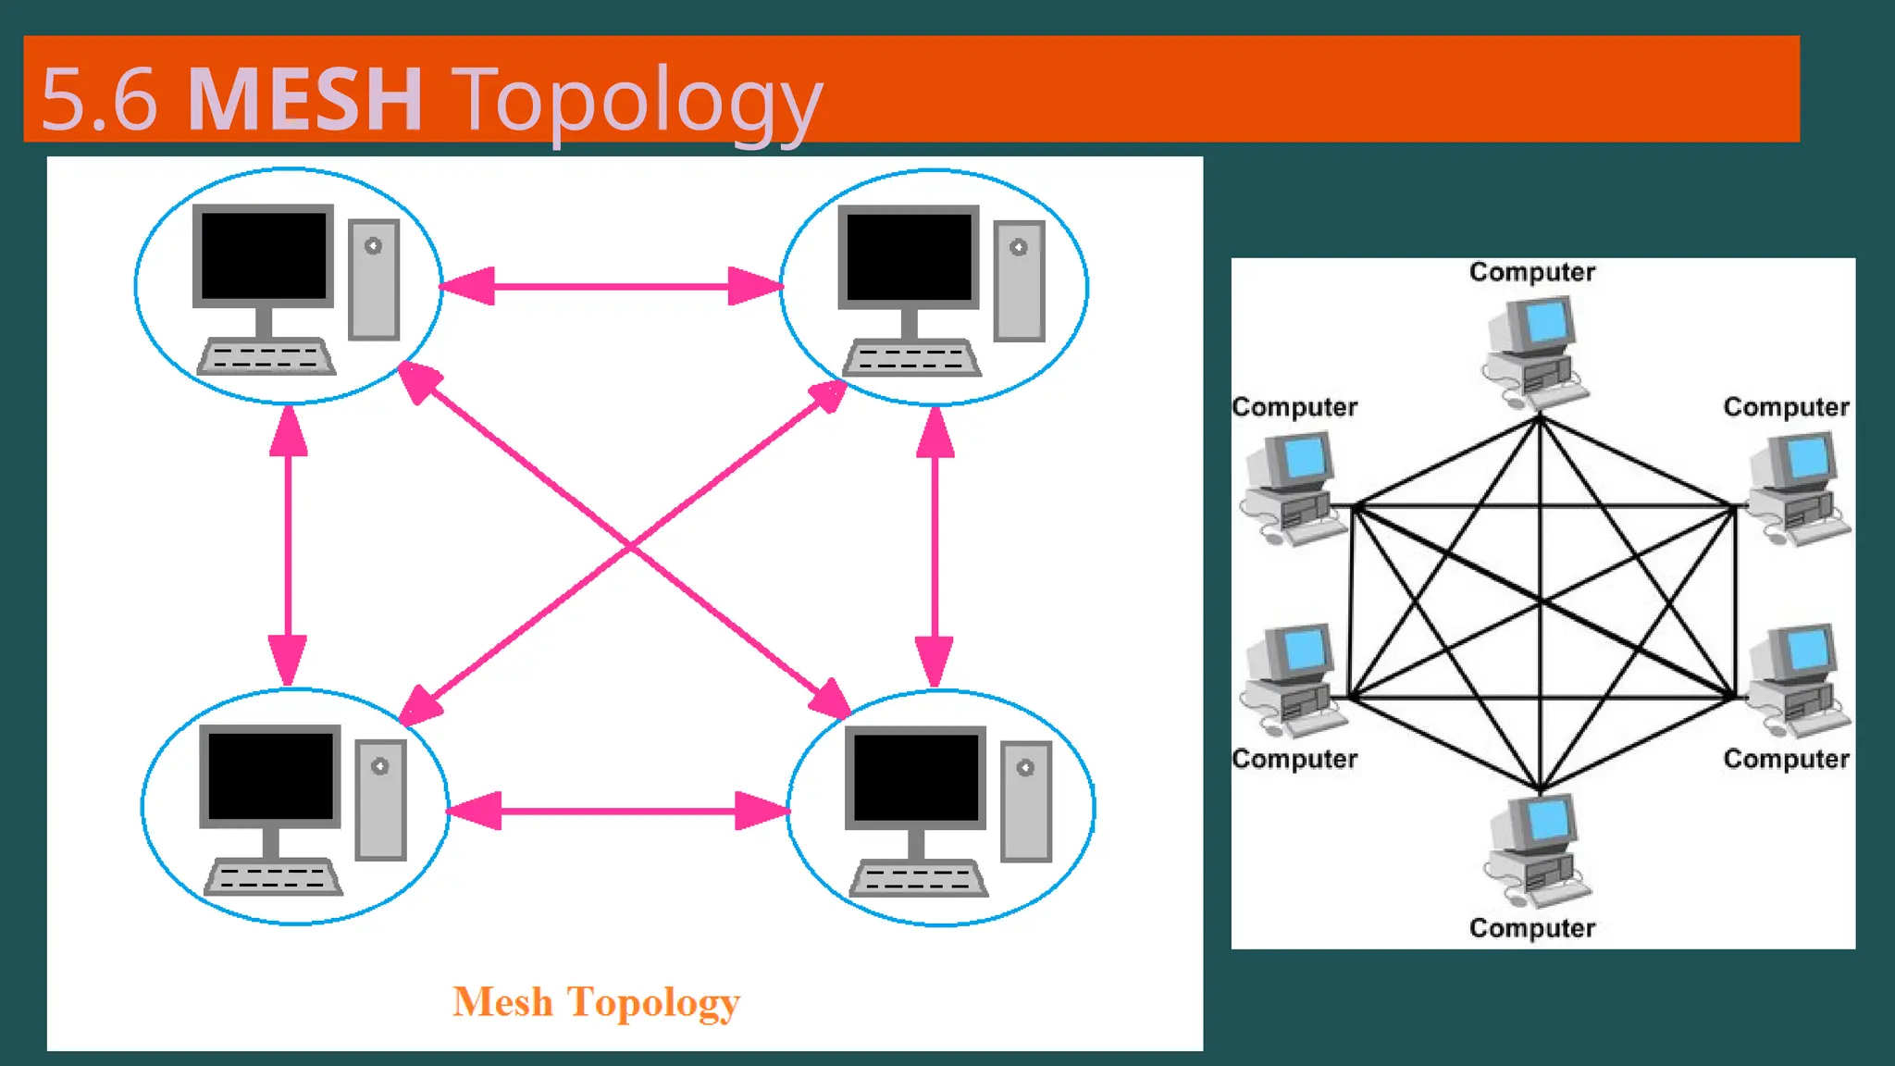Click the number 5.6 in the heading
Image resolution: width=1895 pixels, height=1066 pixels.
(x=100, y=100)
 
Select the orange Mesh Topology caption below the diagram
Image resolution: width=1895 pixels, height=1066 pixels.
(x=596, y=1002)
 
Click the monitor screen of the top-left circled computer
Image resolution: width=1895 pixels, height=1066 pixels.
(x=264, y=255)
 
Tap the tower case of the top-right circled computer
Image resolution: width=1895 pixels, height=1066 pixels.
(x=1019, y=281)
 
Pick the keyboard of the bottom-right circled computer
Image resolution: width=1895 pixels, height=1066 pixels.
(x=918, y=879)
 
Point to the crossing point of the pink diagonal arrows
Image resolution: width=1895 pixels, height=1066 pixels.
(x=630, y=546)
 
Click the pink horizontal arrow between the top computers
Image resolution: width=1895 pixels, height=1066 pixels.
(x=611, y=286)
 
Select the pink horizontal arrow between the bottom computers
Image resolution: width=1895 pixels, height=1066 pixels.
(x=618, y=811)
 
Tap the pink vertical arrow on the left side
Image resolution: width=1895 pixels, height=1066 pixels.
(x=288, y=546)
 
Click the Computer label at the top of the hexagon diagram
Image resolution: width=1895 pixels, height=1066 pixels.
(x=1532, y=272)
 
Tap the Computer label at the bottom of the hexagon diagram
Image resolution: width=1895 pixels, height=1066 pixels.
(x=1532, y=928)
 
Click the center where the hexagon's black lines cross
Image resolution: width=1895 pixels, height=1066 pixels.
(x=1541, y=602)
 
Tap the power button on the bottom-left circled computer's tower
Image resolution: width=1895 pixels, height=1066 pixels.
(x=379, y=766)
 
